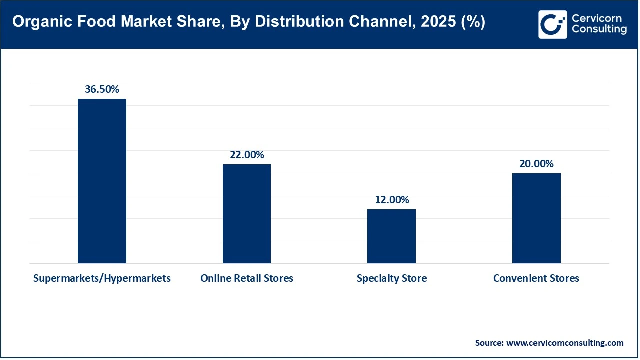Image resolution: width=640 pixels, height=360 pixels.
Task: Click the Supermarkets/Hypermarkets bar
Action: coord(102,181)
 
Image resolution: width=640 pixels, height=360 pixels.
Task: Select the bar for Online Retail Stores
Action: coord(247,214)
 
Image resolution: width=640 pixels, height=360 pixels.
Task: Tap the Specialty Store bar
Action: coord(391,236)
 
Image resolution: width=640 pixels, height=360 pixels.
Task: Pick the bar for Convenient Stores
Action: coord(536,218)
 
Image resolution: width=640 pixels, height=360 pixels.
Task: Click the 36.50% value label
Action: coord(102,90)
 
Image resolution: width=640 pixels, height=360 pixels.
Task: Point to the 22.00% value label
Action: coord(247,155)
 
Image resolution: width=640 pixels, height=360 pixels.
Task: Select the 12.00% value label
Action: coord(392,200)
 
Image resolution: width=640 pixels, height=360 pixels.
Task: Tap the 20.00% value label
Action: coord(536,164)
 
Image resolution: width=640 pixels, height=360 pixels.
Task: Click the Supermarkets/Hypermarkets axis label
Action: coord(102,278)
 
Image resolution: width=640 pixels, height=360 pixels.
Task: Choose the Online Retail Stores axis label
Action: coord(247,278)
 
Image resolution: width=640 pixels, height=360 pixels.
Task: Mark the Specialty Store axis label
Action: coord(392,278)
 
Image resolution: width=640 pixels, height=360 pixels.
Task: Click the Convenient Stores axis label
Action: coord(536,278)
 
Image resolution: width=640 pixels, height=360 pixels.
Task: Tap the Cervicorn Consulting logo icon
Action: coord(552,24)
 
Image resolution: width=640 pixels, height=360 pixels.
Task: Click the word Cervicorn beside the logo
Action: coord(597,18)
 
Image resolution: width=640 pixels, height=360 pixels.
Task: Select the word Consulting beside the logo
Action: coord(599,30)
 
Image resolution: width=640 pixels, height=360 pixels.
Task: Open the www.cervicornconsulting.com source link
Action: coord(565,343)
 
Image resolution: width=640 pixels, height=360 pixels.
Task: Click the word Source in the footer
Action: coord(489,343)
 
